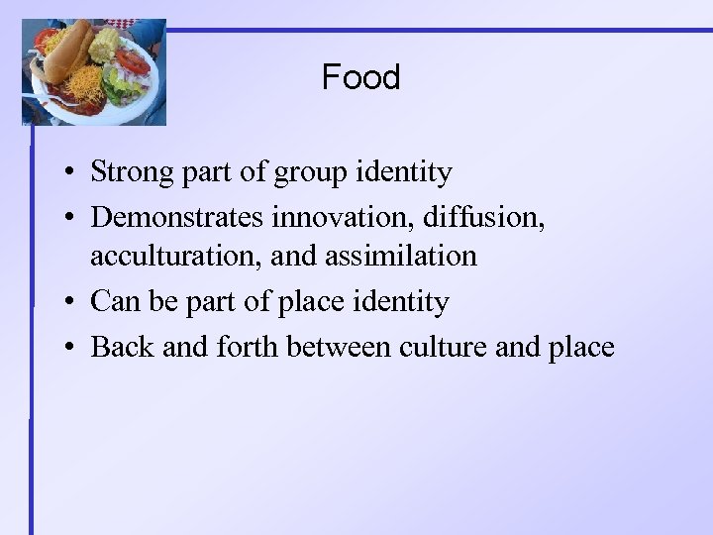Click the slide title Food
tap(360, 77)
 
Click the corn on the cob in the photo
tap(103, 44)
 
